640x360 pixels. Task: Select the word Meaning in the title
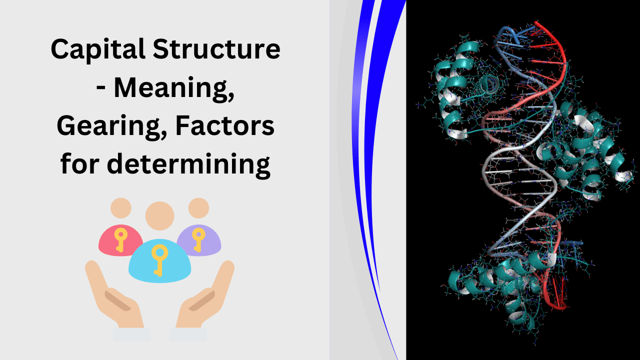[174, 89]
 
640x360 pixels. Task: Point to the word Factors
[225, 125]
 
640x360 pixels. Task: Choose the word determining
[188, 164]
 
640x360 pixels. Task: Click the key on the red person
[120, 239]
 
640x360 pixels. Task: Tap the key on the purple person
[198, 239]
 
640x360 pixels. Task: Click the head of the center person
[159, 216]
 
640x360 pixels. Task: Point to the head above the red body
[121, 208]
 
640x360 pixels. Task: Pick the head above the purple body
[198, 208]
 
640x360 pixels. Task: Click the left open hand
[114, 297]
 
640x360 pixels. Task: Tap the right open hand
[205, 297]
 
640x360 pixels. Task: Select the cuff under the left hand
[131, 334]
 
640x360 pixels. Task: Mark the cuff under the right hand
[188, 334]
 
